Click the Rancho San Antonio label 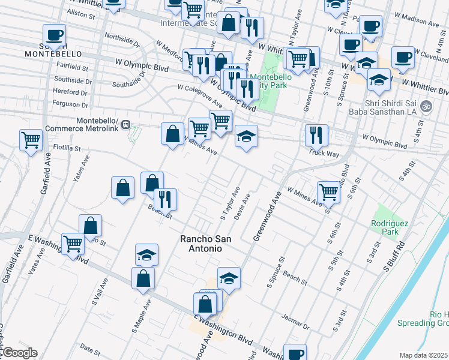[x=201, y=243]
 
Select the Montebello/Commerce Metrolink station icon [x=125, y=125]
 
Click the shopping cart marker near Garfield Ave [x=31, y=140]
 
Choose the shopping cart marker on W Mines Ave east [x=328, y=192]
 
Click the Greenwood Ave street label [x=267, y=216]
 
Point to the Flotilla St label [x=67, y=148]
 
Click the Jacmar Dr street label [x=297, y=323]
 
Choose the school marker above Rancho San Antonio [x=146, y=254]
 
